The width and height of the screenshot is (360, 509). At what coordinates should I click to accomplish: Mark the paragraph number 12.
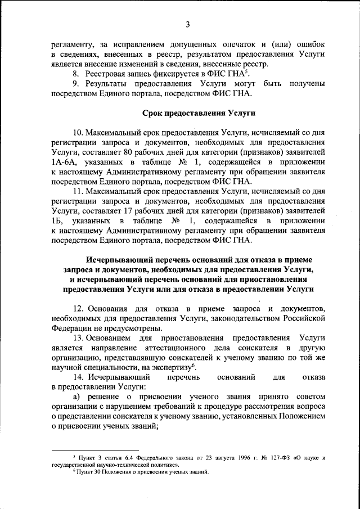(x=79, y=308)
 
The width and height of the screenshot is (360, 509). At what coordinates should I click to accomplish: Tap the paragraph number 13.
(x=79, y=339)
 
